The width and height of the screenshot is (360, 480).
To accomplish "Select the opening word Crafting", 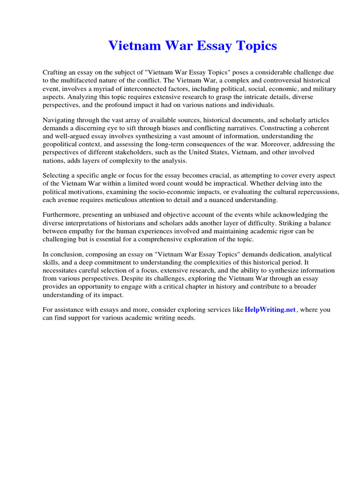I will tap(56, 73).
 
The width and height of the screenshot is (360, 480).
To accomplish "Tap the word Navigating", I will tap(59, 120).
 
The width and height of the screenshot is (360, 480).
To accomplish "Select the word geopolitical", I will tap(62, 144).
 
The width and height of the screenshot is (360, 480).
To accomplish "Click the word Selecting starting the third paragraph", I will tap(56, 176).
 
